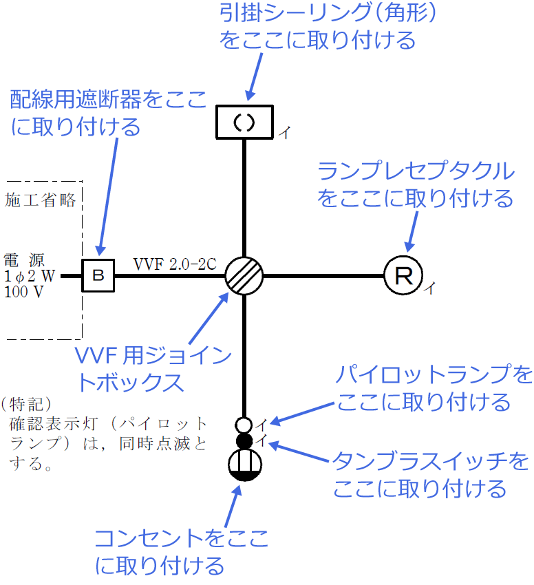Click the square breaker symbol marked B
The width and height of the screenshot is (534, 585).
[98, 276]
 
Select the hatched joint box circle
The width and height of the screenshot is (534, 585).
[245, 276]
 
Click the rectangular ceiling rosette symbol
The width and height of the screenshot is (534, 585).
[245, 122]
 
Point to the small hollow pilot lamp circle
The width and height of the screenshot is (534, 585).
[244, 424]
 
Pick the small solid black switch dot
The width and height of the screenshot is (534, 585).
[244, 440]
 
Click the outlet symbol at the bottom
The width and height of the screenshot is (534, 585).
[244, 465]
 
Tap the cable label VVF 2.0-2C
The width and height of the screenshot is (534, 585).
[176, 264]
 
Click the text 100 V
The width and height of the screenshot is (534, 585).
[23, 291]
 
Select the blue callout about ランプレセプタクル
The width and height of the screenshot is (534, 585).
[415, 184]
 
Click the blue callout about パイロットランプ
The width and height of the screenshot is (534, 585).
[434, 387]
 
